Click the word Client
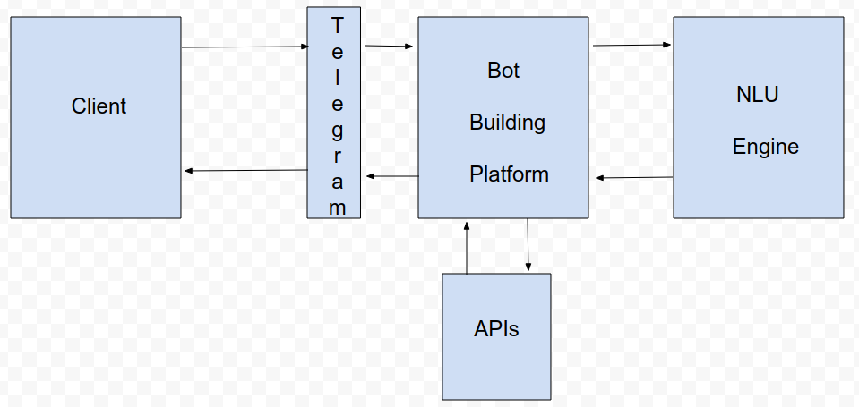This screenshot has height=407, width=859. pos(99,106)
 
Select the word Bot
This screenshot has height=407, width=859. pos(503,71)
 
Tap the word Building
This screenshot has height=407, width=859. pos(507,123)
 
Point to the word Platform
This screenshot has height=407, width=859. pos(509,174)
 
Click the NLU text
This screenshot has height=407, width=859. pos(757,94)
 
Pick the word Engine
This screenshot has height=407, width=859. pos(765,146)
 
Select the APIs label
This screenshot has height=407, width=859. pos(496,329)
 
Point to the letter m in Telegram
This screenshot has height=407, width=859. pos(337,208)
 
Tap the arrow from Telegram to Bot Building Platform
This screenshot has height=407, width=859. pos(390,46)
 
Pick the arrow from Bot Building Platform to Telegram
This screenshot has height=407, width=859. pos(391,176)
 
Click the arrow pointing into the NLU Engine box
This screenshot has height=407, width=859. pos(631,45)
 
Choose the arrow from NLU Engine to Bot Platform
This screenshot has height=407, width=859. pos(634,178)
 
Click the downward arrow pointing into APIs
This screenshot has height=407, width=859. pos(528,245)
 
